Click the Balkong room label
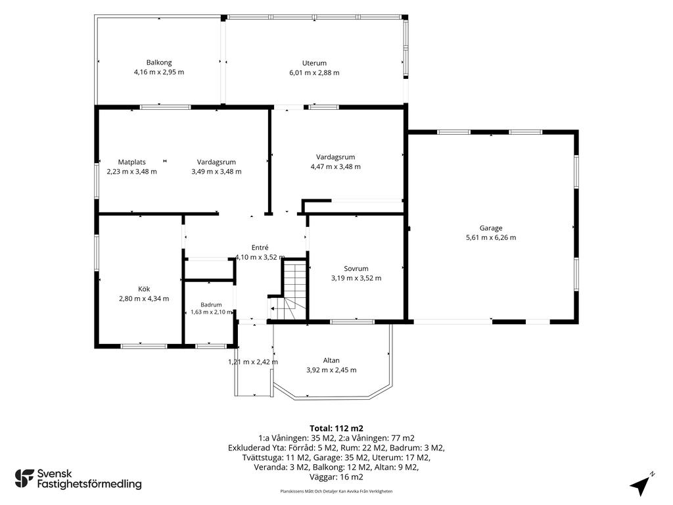(159, 62)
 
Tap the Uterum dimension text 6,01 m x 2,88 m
(314, 73)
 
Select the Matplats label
(131, 162)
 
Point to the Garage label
(491, 228)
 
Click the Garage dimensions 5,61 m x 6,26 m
(491, 237)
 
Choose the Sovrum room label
(356, 269)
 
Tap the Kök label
(144, 289)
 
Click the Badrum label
(211, 305)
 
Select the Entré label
(260, 248)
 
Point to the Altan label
(331, 361)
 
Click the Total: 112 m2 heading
(336, 428)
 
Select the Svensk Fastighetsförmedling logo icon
(24, 479)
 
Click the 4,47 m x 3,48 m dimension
(336, 166)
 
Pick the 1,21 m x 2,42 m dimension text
(253, 362)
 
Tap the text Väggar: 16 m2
(336, 477)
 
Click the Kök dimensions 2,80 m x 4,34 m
(144, 299)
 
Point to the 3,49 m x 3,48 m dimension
(216, 172)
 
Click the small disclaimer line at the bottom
(336, 491)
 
